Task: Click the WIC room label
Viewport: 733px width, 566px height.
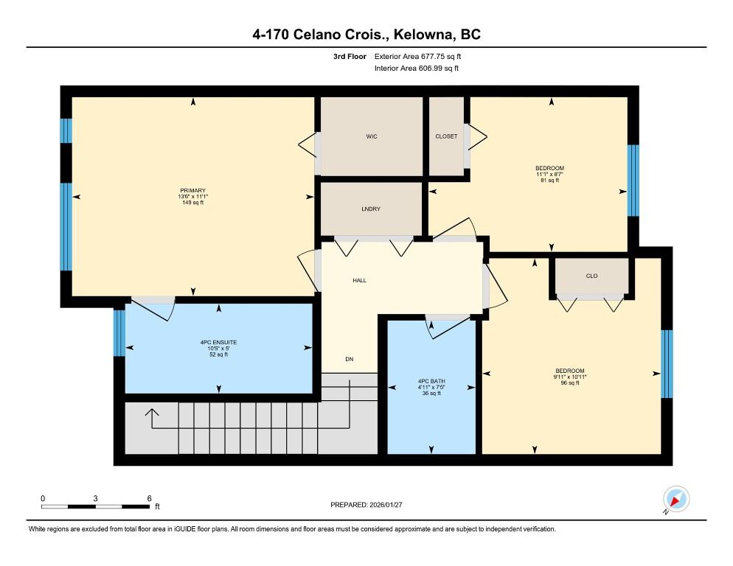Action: tap(372, 136)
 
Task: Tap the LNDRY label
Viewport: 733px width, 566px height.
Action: tap(371, 209)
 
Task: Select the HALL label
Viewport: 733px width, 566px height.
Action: tap(359, 281)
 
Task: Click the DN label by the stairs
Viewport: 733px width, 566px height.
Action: tap(350, 359)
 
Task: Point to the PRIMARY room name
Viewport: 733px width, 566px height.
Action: tap(192, 190)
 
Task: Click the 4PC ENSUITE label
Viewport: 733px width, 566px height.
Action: tap(218, 342)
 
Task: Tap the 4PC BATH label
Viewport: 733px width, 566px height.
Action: tap(431, 381)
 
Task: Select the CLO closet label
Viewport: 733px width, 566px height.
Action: tap(591, 276)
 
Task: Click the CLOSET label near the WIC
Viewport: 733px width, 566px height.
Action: tap(446, 136)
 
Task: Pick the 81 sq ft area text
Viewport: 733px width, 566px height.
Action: tap(550, 180)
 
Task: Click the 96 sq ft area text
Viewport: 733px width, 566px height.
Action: tap(570, 382)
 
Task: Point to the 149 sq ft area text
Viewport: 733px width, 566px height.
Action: tap(192, 203)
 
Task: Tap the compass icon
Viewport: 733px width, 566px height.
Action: tap(676, 499)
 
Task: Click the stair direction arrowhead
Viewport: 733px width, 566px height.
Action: tap(152, 412)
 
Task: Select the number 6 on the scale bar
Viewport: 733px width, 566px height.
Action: tap(149, 498)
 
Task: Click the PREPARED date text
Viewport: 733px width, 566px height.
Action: tap(366, 505)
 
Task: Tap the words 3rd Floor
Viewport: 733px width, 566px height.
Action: tap(350, 57)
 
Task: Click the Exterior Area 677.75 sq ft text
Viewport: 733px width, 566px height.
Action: tap(417, 57)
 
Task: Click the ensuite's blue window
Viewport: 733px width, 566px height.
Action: tap(119, 333)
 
